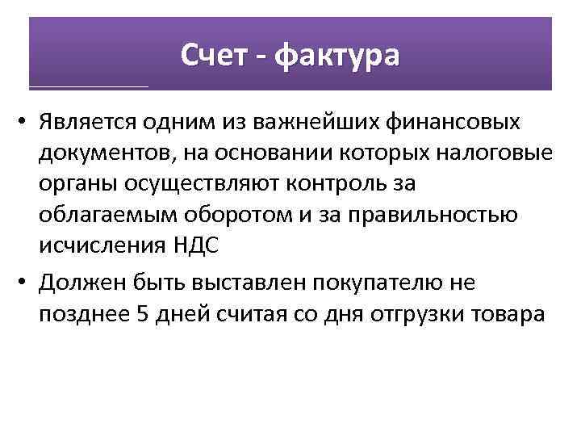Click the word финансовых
click(457, 123)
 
